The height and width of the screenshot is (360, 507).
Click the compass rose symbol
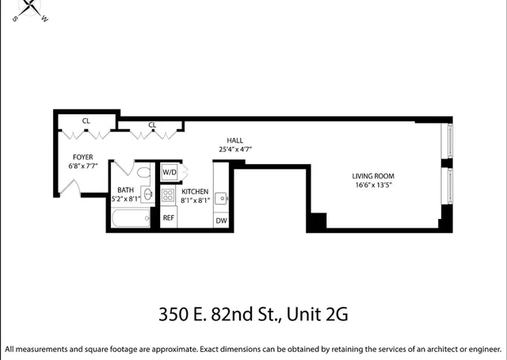[32, 8]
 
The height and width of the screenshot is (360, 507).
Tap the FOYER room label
[82, 157]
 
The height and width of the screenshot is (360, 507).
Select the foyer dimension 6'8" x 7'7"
[82, 167]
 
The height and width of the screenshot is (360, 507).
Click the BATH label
[126, 190]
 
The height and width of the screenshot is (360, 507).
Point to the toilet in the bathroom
[143, 172]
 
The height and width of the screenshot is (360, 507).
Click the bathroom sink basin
[148, 194]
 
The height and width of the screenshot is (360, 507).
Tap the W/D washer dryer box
[170, 172]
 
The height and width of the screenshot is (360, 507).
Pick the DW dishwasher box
[221, 220]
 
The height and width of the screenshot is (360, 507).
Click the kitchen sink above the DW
[223, 198]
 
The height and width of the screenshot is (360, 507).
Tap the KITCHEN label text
[195, 192]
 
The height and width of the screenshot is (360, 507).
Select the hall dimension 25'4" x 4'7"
[235, 149]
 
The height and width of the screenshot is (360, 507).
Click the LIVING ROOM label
[373, 175]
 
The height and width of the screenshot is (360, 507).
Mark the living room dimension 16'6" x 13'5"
[373, 185]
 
